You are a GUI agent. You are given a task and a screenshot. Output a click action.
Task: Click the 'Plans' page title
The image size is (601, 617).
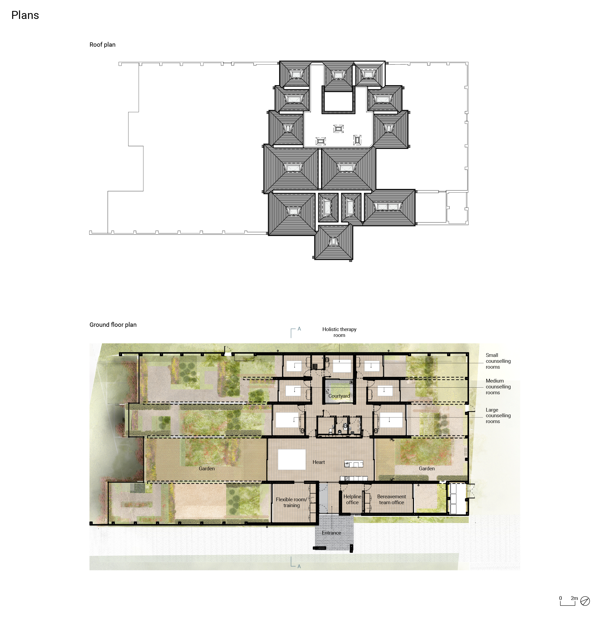point(25,15)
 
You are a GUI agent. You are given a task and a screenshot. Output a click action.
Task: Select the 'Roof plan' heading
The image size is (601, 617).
point(102,45)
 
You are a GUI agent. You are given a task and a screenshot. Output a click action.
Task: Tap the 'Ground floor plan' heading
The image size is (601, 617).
point(113,325)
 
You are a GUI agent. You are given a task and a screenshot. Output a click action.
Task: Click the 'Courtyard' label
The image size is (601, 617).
point(339,396)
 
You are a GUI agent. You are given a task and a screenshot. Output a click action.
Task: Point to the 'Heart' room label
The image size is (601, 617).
point(318,462)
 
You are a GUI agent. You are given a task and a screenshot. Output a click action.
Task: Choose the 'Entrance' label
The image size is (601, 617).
point(331,533)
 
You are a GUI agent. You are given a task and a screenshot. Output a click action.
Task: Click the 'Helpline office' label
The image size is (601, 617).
point(352,499)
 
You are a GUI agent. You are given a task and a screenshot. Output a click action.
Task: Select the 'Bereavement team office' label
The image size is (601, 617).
point(391,499)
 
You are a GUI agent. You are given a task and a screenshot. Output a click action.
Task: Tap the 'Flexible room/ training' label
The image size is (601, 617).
point(291,502)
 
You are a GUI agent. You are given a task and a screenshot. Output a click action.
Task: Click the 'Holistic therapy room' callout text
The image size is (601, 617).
point(339,332)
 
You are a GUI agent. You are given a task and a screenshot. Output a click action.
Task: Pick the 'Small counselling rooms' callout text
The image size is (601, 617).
point(498,361)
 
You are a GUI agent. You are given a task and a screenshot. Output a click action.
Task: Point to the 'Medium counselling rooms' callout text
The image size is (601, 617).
point(498,387)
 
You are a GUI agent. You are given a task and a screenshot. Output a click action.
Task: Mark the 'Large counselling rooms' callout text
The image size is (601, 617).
point(498,416)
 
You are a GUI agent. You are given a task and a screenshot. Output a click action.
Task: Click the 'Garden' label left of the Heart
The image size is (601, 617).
point(207,468)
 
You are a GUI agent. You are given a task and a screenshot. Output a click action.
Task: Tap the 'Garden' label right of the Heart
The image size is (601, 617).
point(427,468)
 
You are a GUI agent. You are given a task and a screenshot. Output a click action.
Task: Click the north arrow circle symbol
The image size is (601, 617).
point(585,601)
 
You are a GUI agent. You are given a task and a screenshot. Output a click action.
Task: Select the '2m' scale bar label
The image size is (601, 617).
point(574,598)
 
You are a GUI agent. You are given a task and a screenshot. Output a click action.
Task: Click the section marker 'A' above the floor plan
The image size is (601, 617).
point(299,329)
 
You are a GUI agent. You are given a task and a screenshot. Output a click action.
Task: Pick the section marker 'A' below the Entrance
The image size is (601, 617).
point(299,567)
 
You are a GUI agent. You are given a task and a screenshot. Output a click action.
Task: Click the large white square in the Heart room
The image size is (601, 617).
point(291,460)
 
